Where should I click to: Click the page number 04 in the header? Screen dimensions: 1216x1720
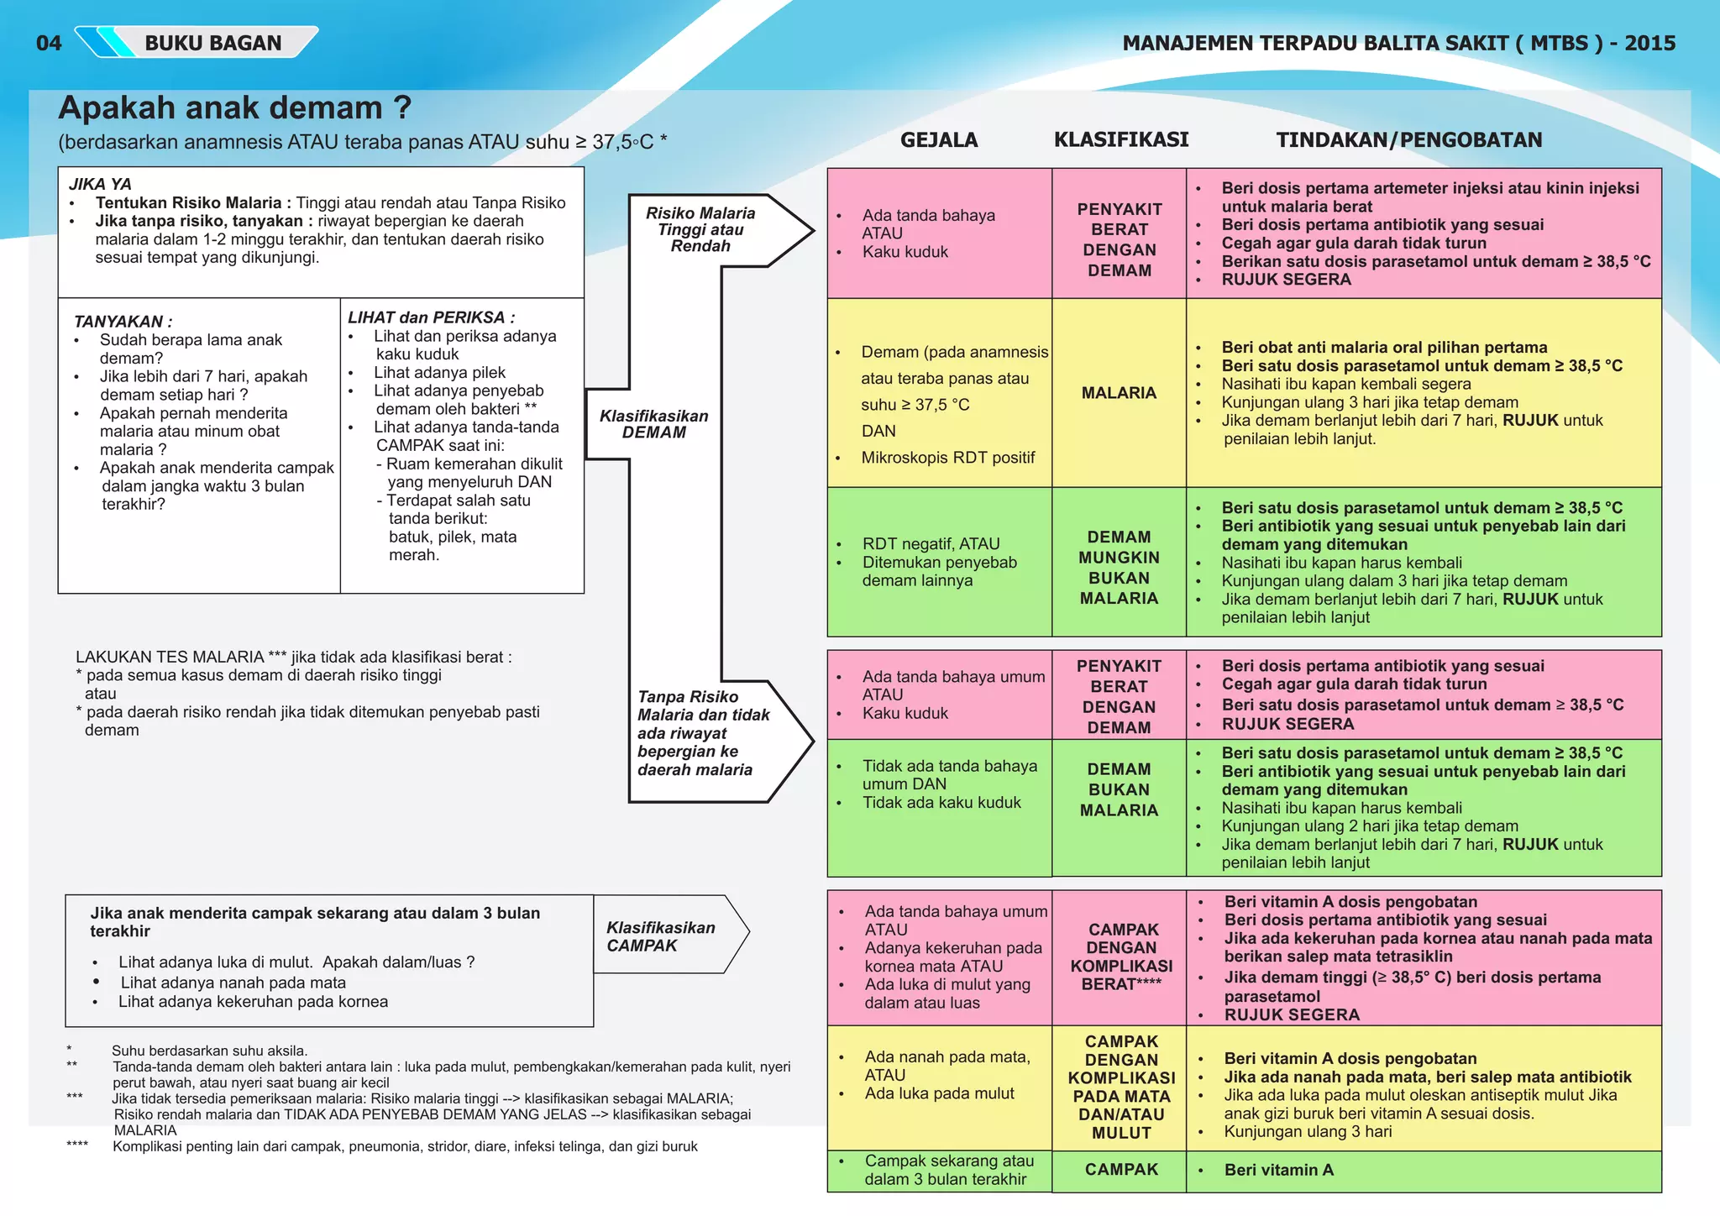click(x=49, y=43)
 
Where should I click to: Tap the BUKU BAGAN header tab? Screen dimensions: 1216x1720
click(x=212, y=43)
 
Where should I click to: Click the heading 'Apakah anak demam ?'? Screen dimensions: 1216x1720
click(x=235, y=108)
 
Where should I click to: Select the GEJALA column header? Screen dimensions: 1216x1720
click(x=939, y=140)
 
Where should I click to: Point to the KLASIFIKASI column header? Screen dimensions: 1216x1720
click(x=1121, y=139)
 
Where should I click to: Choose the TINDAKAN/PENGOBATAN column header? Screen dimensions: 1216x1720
click(x=1409, y=140)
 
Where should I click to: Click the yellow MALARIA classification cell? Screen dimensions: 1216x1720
click(x=1119, y=393)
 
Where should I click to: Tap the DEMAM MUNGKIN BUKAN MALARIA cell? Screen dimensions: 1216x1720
click(x=1119, y=568)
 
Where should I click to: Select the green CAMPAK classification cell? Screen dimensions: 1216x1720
click(x=1121, y=1170)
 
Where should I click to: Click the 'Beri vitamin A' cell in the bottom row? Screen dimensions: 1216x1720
click(x=1278, y=1170)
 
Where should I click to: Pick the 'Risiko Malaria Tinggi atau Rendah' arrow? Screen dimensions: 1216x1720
click(x=701, y=229)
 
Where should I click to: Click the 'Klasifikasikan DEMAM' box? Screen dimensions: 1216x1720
click(x=653, y=424)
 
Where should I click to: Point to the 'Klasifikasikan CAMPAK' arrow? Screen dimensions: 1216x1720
click(x=661, y=936)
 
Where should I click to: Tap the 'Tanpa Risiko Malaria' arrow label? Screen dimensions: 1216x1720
click(x=703, y=733)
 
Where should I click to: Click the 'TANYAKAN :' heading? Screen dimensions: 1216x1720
click(x=123, y=322)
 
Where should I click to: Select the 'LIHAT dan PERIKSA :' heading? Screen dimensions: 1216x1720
click(x=432, y=317)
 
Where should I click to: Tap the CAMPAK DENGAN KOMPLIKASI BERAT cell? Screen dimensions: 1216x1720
click(x=1121, y=957)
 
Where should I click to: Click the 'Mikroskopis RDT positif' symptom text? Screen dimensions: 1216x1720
click(x=948, y=458)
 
